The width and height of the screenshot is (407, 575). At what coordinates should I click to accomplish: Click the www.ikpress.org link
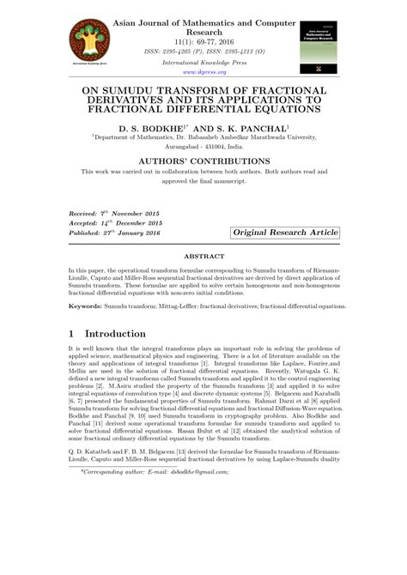pos(203,73)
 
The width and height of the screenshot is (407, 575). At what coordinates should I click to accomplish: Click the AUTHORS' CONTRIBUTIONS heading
pos(203,161)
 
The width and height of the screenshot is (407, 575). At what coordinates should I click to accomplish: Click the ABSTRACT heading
pos(203,256)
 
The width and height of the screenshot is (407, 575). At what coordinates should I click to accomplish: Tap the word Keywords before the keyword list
pos(87,306)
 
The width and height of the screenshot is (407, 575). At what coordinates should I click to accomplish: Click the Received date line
pos(105,210)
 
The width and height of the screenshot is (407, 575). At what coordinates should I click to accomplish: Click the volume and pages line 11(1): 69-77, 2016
pos(203,39)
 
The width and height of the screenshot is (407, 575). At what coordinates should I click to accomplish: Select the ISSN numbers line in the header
pos(203,51)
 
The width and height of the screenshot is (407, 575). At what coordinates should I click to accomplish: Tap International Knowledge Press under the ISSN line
pos(203,63)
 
